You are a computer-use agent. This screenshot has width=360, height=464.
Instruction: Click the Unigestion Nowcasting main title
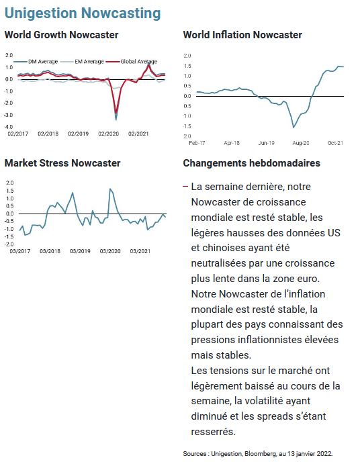83,13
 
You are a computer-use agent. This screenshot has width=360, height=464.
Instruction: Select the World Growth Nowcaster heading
61,35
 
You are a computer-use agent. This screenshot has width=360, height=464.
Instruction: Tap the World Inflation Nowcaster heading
242,35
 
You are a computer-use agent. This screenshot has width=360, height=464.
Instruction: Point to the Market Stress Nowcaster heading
62,163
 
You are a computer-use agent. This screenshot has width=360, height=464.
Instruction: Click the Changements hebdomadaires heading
252,163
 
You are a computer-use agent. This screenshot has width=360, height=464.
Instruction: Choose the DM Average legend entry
36,62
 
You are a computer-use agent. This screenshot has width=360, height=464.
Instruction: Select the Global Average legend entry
132,62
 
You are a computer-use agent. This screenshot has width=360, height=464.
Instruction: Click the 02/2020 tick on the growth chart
108,134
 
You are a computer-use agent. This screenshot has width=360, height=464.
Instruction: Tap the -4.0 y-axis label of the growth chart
9,127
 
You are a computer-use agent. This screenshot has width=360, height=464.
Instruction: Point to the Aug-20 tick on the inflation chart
301,143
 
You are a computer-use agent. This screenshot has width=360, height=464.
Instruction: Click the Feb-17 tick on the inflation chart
197,143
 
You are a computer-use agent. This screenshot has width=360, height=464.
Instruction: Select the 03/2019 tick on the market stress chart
80,251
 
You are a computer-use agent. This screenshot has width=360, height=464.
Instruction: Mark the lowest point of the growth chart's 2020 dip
116,120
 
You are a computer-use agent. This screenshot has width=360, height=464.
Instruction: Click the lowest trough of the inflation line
294,128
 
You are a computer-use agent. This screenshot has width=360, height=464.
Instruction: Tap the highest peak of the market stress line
110,189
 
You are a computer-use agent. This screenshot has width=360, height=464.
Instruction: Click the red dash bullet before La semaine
185,187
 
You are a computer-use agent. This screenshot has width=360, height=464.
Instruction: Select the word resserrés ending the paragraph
213,432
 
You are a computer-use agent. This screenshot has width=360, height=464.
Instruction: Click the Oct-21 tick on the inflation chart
335,143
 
